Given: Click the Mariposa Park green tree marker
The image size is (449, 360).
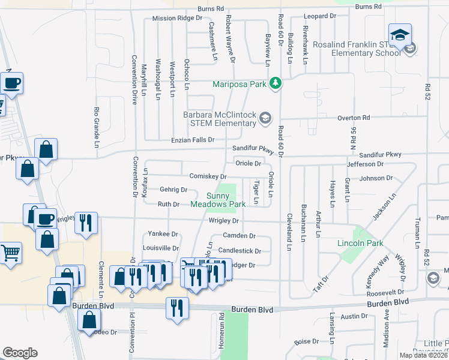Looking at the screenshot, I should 275,83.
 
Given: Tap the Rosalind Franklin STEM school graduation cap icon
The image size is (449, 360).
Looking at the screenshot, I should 399,36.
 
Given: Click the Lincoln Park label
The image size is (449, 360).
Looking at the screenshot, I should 360,244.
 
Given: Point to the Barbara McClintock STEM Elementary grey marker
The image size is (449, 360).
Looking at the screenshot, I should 265,118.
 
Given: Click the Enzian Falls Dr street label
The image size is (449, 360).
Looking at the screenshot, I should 193,140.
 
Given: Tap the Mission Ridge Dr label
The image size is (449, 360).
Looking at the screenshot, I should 177,18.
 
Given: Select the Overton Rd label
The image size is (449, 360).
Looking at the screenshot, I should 354,118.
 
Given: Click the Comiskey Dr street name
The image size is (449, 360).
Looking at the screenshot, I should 208,176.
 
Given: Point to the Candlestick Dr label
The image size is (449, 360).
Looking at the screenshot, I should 240,251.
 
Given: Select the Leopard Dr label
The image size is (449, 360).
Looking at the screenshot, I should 319,16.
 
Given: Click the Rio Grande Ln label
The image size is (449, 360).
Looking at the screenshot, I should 96,127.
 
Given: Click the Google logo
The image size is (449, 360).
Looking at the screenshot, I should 20,353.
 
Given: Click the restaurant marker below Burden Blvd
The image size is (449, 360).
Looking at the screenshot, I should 176,308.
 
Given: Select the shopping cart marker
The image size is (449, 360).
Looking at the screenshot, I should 10,254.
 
